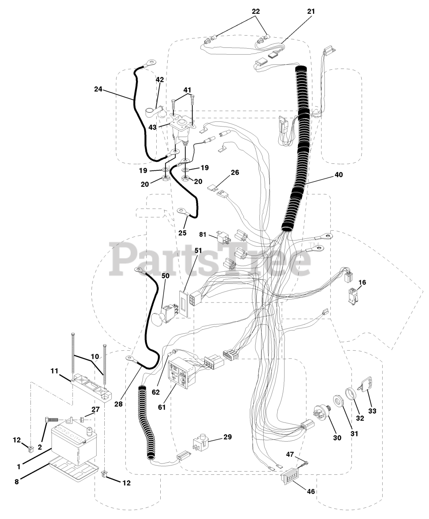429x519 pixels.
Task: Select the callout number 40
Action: click(338, 175)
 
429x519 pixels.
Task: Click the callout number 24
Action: click(98, 89)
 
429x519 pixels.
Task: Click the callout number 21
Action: click(311, 11)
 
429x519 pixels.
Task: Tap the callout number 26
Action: click(235, 172)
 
